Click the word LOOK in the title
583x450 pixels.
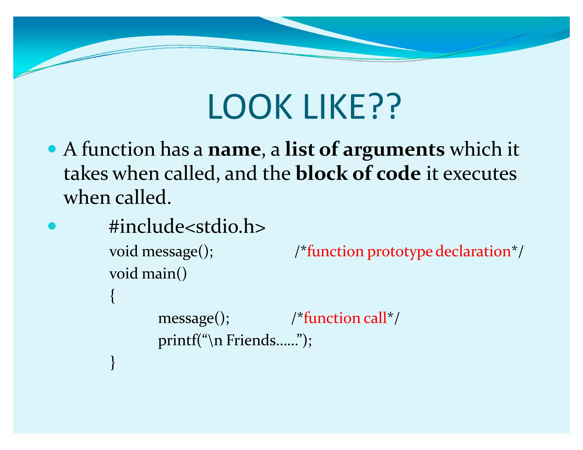coord(250,107)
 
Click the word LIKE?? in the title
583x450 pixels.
coord(352,107)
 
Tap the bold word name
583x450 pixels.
coord(234,149)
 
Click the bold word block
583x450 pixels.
coord(321,174)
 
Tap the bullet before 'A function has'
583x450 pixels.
coord(52,149)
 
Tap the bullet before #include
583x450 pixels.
coord(52,226)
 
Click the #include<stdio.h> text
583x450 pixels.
coord(187,227)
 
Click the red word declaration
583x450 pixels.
coord(473,251)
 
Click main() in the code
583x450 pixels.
coord(164,274)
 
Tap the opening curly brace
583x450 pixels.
coord(113,296)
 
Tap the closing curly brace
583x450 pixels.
coord(113,362)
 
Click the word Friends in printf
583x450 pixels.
coord(251,340)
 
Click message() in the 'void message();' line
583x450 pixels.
coord(177,252)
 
